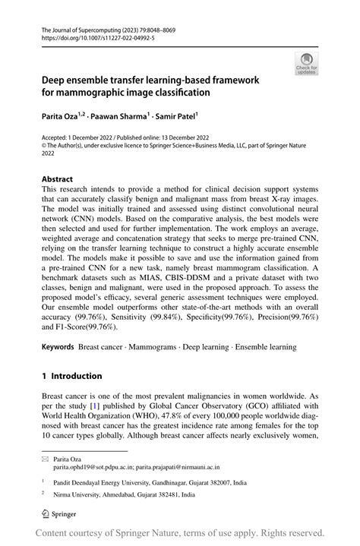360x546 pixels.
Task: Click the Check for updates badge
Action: click(x=308, y=65)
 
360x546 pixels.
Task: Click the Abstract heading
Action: click(x=58, y=179)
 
